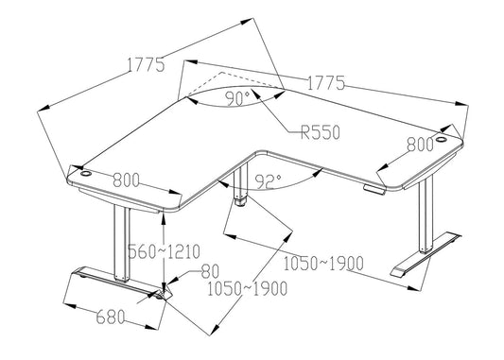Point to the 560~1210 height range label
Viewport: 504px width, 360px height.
pos(191,251)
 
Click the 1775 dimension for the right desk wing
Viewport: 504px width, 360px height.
pos(325,82)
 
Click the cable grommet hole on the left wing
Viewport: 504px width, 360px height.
pos(80,174)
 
